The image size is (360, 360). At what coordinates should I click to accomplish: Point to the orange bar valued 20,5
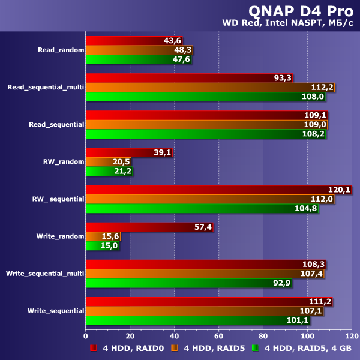pyautogui.click(x=108, y=162)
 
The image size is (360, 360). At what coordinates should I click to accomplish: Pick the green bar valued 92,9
pyautogui.click(x=188, y=283)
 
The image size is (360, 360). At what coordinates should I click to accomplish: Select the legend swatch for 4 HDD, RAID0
pyautogui.click(x=94, y=348)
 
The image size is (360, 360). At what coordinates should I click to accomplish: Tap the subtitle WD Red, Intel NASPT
pyautogui.click(x=290, y=24)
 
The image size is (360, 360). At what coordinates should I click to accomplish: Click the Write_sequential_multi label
pyautogui.click(x=45, y=274)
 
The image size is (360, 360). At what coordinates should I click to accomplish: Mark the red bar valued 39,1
pyautogui.click(x=129, y=153)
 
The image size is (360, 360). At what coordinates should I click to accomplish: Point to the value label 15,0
pyautogui.click(x=110, y=245)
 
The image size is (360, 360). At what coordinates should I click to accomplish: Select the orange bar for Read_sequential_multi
pyautogui.click(x=210, y=87)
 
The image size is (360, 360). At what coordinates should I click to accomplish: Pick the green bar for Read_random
pyautogui.click(x=139, y=59)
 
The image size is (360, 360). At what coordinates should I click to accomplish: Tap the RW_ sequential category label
pyautogui.click(x=58, y=199)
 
